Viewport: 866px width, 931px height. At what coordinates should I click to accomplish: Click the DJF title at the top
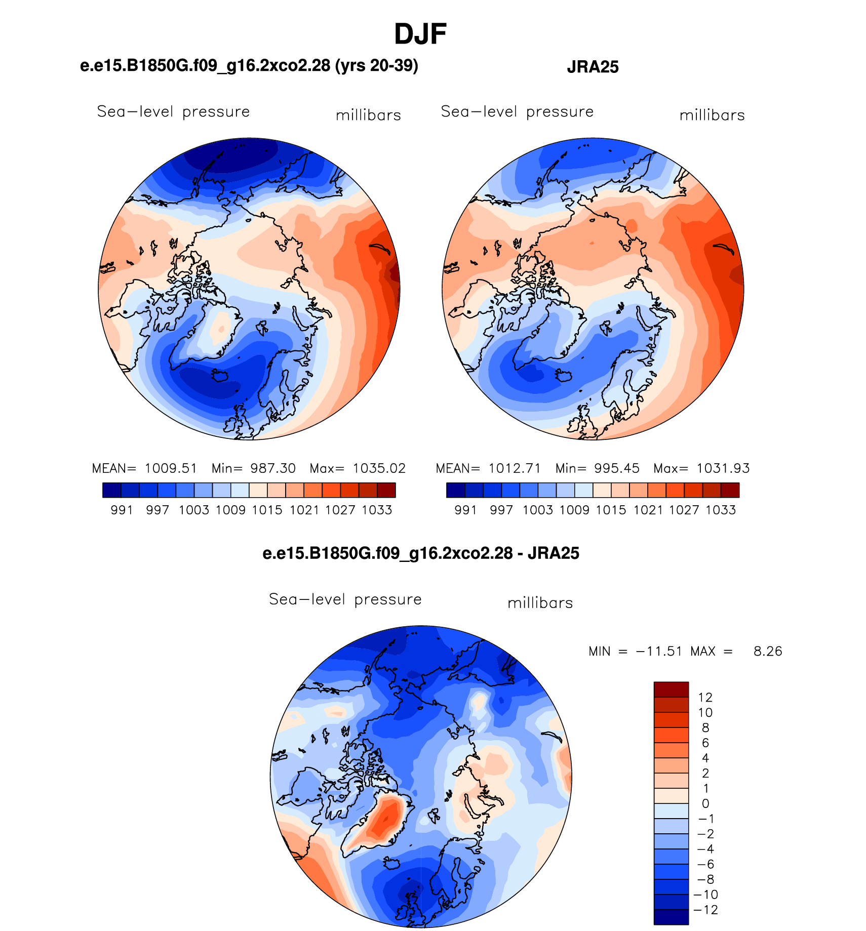click(420, 34)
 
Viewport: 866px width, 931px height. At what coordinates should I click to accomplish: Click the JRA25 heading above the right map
click(593, 67)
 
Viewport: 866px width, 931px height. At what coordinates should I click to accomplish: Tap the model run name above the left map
click(249, 65)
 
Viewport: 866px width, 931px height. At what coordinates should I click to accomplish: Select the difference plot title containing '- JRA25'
click(421, 553)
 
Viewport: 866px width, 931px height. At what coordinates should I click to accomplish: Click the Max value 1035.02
click(379, 468)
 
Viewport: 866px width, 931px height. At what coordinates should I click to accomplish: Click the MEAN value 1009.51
click(171, 468)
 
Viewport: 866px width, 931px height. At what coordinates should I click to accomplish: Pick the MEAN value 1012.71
click(515, 468)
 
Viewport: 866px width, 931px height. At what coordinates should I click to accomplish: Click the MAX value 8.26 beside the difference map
click(768, 651)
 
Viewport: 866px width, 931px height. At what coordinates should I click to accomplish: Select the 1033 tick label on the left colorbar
click(377, 510)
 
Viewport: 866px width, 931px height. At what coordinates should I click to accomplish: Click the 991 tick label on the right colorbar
click(465, 510)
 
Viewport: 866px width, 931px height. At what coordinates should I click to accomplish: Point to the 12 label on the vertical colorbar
click(705, 697)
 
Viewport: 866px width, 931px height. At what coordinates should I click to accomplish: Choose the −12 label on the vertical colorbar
click(706, 910)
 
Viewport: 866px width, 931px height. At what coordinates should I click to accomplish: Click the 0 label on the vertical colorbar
click(705, 803)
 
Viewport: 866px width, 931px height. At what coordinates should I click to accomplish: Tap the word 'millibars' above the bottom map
click(540, 603)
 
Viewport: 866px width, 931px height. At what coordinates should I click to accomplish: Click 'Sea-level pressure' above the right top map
click(517, 111)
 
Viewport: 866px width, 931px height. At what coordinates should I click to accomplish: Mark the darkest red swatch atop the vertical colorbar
click(671, 690)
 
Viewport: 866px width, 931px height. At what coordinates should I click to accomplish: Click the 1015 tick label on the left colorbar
click(267, 510)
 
